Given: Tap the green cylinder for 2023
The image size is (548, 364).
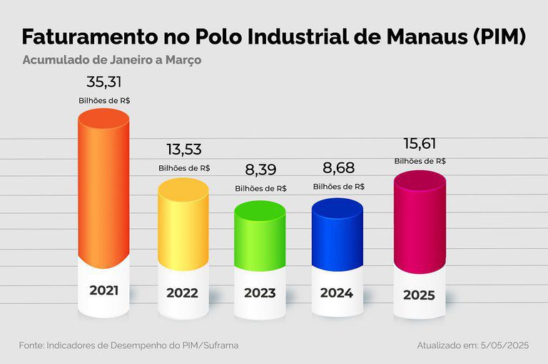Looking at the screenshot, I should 260,236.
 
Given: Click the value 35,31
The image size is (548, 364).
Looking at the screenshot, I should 104,81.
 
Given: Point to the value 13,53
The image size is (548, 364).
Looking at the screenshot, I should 183,149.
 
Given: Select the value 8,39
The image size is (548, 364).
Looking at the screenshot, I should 260,170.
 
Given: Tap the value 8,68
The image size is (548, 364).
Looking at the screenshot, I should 338,169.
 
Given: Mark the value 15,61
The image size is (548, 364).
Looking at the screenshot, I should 420,143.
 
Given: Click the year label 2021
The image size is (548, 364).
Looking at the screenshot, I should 104,291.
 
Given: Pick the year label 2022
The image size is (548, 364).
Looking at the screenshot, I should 182,293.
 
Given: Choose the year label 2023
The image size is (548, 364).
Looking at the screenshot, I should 260,293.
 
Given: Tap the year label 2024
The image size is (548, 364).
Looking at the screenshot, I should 337,292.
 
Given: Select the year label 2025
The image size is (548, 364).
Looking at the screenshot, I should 419,295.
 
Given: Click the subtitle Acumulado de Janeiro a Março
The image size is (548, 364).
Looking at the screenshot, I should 111,60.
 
